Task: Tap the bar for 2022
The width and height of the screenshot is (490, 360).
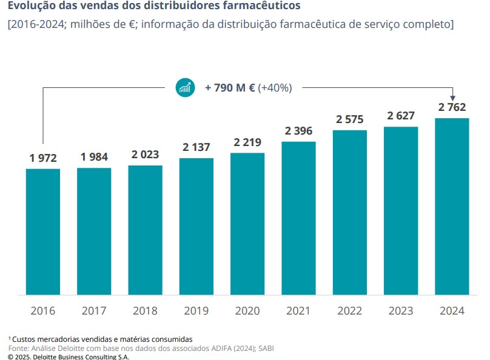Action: point(350,212)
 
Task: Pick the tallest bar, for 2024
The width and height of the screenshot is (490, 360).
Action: point(452,206)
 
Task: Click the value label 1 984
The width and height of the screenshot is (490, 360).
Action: point(94,158)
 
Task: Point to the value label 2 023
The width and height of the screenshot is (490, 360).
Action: point(145,155)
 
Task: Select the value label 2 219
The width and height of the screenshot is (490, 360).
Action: point(247,142)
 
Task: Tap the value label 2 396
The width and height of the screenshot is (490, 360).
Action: point(298,131)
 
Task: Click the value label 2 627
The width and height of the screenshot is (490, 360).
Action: point(400,116)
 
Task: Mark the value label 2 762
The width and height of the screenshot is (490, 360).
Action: point(452,107)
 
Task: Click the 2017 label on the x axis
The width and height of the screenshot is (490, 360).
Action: point(94,311)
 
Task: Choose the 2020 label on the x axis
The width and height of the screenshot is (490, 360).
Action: point(247,311)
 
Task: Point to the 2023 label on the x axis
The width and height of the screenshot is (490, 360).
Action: point(400,311)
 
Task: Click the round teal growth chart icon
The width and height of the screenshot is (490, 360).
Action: point(185,87)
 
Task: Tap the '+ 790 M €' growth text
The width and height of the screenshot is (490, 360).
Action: point(230,88)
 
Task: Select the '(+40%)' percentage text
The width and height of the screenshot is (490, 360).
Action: point(275,88)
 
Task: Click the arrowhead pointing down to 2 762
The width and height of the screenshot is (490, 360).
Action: point(452,98)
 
